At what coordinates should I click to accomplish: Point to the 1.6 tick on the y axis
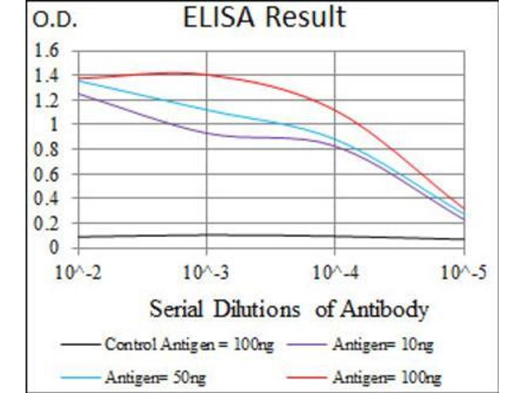click(51, 50)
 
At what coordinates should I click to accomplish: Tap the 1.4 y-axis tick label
click(51, 75)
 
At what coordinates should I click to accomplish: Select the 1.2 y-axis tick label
click(51, 100)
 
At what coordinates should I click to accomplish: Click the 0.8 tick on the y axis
click(51, 149)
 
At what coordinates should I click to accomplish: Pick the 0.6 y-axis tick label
click(51, 174)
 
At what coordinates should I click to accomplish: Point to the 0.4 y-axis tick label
click(51, 198)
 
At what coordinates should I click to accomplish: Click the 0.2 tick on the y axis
click(51, 223)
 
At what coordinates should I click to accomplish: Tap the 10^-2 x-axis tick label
click(79, 271)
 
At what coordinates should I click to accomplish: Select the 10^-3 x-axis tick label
click(207, 271)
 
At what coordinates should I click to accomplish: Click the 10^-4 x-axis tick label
click(335, 271)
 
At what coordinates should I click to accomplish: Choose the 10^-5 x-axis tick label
click(462, 271)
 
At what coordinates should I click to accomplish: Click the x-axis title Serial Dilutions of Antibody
click(289, 308)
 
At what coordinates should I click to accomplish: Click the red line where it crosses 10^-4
click(335, 109)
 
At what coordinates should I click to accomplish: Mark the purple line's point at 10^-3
click(207, 133)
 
